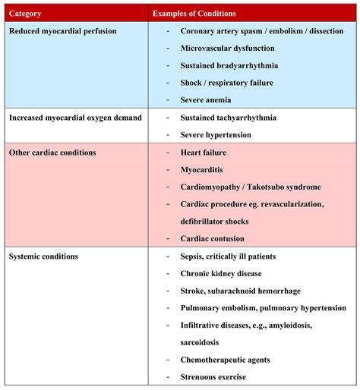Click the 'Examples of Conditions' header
click(194, 13)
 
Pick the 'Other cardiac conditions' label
click(52, 153)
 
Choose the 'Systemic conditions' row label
click(43, 256)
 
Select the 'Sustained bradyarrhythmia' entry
click(229, 66)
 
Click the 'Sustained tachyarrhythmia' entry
click(229, 118)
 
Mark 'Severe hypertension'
click(216, 135)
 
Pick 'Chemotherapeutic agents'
click(226, 360)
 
